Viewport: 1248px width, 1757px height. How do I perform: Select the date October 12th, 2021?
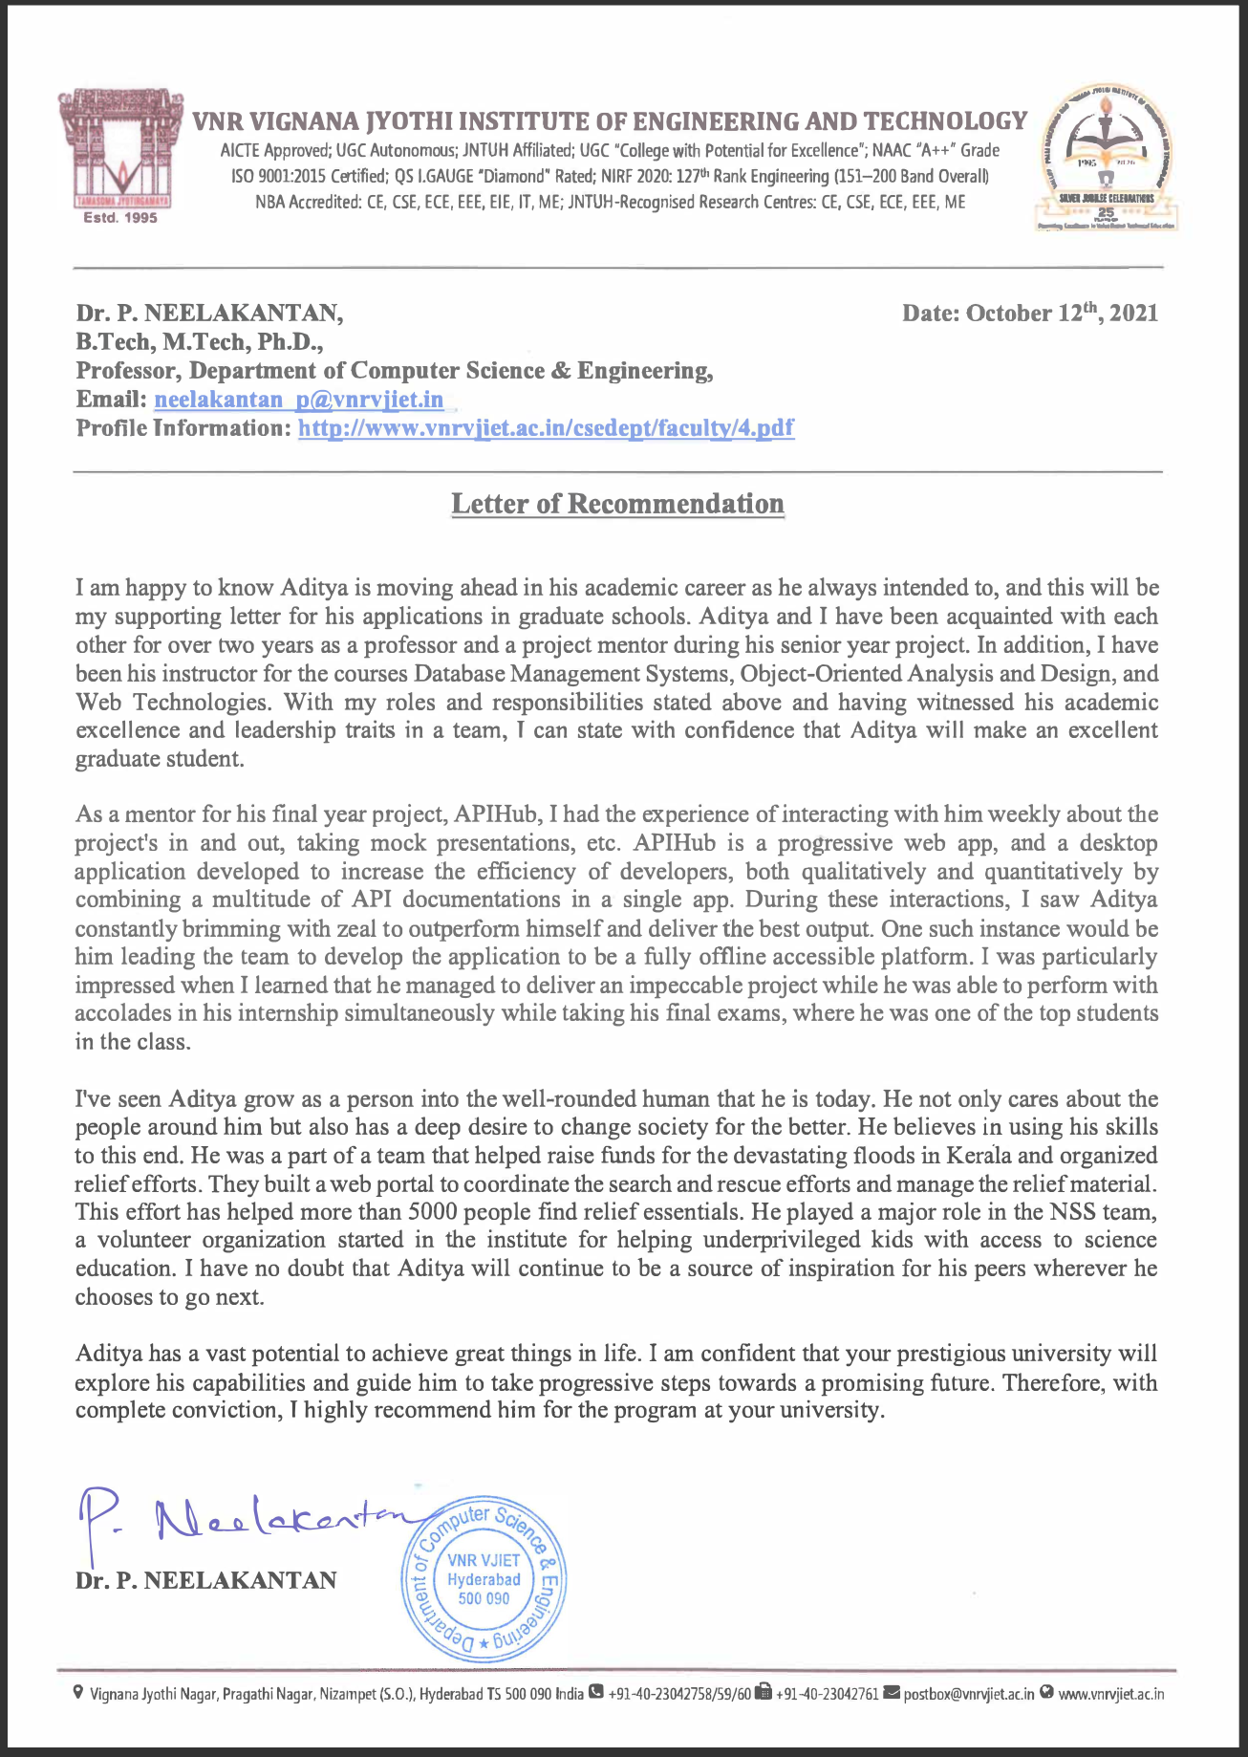click(x=1029, y=314)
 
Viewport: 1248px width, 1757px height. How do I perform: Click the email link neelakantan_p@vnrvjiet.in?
click(x=298, y=399)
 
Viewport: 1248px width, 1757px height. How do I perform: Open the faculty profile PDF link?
click(x=546, y=427)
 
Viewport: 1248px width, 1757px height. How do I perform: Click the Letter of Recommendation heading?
click(x=617, y=504)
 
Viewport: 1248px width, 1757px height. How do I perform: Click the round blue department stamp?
click(x=484, y=1582)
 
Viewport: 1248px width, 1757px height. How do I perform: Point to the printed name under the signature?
click(x=205, y=1581)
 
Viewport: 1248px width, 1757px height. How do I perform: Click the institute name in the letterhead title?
click(x=610, y=121)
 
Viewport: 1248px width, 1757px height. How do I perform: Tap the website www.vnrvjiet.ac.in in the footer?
click(x=1110, y=1695)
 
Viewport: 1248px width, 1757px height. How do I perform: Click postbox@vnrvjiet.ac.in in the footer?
click(x=968, y=1695)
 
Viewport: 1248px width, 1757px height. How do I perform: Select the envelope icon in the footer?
click(x=892, y=1694)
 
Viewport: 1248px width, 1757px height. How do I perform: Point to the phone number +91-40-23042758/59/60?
click(x=678, y=1695)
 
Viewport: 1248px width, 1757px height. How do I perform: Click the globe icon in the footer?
click(x=1046, y=1694)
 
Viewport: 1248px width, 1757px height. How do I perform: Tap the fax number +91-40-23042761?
click(x=827, y=1695)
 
